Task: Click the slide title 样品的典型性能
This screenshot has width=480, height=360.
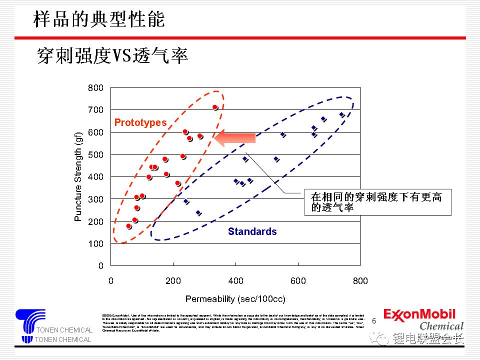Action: pyautogui.click(x=99, y=19)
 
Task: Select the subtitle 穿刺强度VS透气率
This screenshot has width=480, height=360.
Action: pyautogui.click(x=112, y=56)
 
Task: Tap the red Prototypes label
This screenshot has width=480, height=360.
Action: pyautogui.click(x=140, y=122)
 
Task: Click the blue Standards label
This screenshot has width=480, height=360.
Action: pyautogui.click(x=252, y=231)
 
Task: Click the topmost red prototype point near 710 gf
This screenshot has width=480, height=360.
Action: pyautogui.click(x=215, y=107)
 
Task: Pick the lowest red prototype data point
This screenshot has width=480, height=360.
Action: pyautogui.click(x=128, y=226)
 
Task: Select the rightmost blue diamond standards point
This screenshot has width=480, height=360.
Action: pyautogui.click(x=342, y=114)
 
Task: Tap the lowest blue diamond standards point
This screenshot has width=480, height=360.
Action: pyautogui.click(x=198, y=213)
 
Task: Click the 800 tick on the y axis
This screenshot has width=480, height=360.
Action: pyautogui.click(x=96, y=88)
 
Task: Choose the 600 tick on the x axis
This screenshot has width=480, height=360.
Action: pyautogui.click(x=298, y=281)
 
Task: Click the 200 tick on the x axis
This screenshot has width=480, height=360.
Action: pyautogui.click(x=173, y=281)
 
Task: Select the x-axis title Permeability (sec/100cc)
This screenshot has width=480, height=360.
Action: pyautogui.click(x=235, y=299)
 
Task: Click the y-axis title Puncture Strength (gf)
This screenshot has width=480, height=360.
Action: pyautogui.click(x=78, y=178)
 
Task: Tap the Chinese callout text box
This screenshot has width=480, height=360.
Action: pyautogui.click(x=377, y=202)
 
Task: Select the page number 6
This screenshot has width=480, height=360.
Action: pyautogui.click(x=374, y=320)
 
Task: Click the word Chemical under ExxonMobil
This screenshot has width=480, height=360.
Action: pyautogui.click(x=441, y=326)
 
